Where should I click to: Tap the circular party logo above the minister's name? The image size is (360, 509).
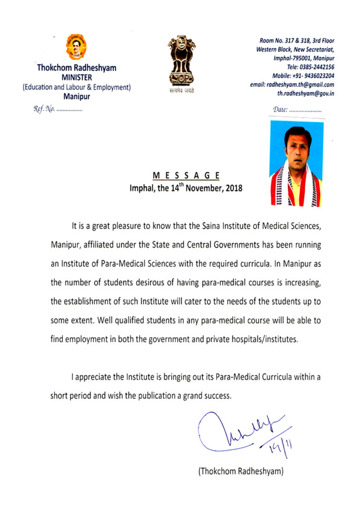76,47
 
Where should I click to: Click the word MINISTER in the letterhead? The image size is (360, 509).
76,77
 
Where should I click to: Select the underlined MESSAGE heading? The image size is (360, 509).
186,176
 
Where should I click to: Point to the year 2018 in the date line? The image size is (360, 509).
233,188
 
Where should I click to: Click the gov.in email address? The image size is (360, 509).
306,93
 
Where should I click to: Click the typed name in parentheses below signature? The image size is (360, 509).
241,471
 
